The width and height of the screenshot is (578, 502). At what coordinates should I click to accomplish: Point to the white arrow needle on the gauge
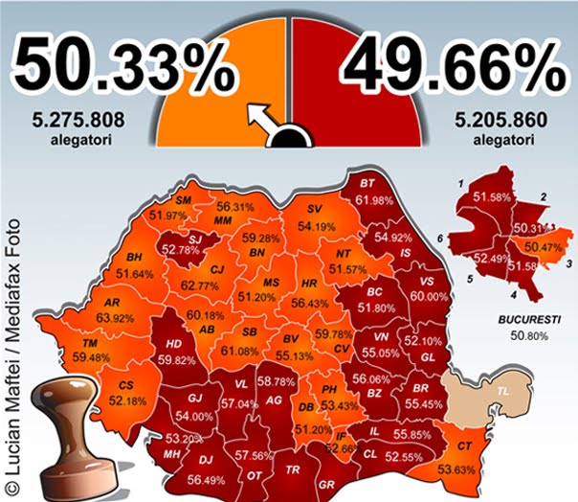click(x=261, y=118)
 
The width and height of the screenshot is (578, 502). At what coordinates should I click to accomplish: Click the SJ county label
click(x=194, y=238)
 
